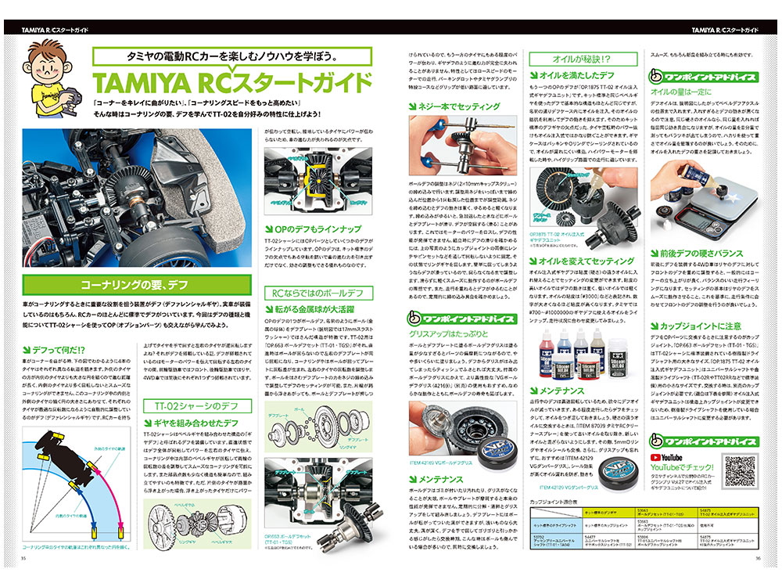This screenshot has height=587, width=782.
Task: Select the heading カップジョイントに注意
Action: pyautogui.click(x=701, y=326)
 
